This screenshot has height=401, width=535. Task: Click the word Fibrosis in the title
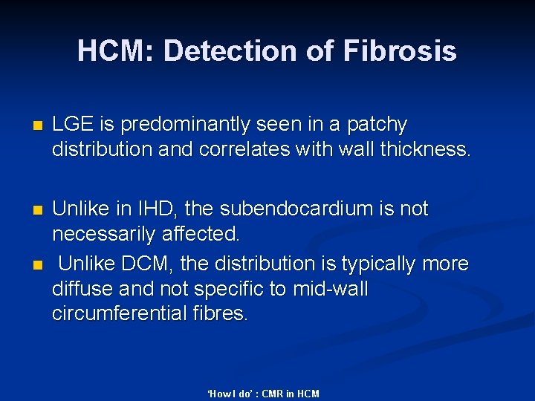tap(400, 51)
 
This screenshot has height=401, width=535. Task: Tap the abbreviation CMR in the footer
tap(273, 394)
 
